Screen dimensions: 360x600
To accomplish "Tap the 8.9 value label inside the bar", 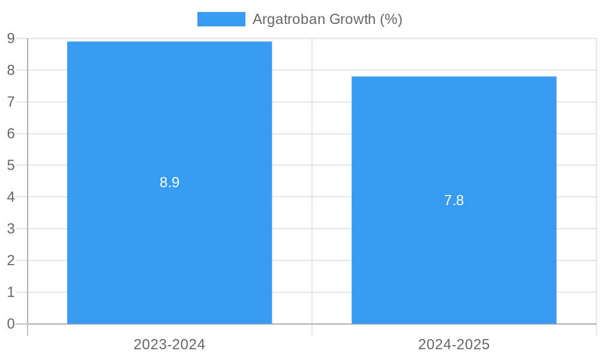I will click(169, 182).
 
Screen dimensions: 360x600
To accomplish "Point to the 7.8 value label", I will click(454, 200).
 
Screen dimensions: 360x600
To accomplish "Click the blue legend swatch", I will click(221, 19).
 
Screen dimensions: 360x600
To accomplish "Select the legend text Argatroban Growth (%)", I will click(327, 19).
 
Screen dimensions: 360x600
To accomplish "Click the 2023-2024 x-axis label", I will click(169, 344).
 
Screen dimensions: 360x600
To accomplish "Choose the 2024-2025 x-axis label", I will click(454, 344).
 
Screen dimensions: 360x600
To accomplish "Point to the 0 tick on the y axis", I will click(11, 324).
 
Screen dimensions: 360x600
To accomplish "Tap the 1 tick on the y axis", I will click(11, 292).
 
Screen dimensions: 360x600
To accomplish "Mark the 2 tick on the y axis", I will click(11, 260).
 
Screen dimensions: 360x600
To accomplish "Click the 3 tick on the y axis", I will click(11, 229).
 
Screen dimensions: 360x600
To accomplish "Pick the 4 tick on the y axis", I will click(11, 197).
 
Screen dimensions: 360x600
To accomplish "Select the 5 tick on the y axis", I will click(11, 165).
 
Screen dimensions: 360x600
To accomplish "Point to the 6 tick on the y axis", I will click(11, 134).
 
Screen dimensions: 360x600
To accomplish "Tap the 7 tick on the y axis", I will click(11, 102).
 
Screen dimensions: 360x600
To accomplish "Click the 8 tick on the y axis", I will click(11, 70).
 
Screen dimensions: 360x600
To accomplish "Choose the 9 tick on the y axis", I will click(11, 38).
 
